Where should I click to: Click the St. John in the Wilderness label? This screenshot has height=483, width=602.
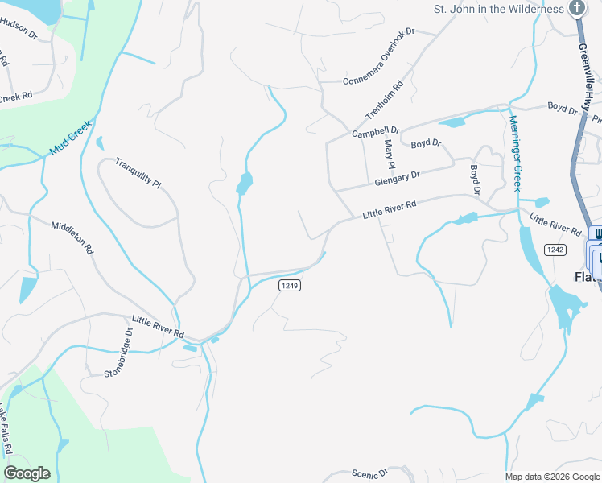[499, 9]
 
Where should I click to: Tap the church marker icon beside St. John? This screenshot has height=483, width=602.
[576, 8]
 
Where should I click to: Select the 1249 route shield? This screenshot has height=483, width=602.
[290, 286]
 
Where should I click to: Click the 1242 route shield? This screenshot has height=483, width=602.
[555, 250]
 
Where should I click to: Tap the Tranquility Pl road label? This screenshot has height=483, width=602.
[138, 172]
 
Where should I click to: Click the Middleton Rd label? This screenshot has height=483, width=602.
[72, 238]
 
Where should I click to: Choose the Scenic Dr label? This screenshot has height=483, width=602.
[370, 473]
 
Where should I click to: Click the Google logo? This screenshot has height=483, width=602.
[27, 473]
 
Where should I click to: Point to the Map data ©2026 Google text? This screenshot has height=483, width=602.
[552, 477]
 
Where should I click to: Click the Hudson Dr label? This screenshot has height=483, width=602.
[19, 29]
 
